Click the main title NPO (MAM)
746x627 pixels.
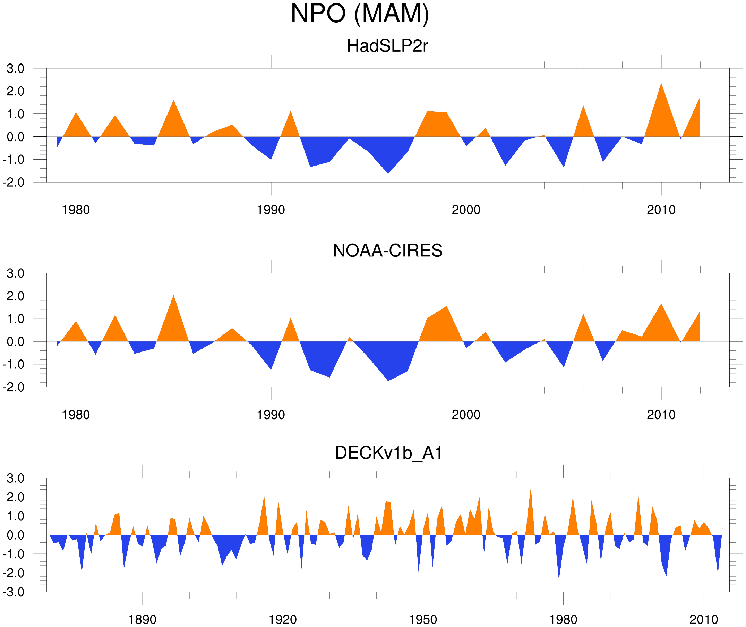click(360, 14)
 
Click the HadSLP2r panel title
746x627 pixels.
click(387, 46)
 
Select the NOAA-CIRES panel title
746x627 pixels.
click(387, 251)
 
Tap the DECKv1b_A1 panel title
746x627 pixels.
click(389, 453)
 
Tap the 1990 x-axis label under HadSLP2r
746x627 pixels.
click(271, 210)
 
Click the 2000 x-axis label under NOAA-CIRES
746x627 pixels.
click(466, 415)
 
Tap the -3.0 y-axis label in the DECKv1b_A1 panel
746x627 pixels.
click(14, 592)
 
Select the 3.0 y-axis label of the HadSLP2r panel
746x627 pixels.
click(15, 69)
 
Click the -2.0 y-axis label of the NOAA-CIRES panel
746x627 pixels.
click(14, 387)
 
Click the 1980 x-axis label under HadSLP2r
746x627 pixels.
click(76, 210)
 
